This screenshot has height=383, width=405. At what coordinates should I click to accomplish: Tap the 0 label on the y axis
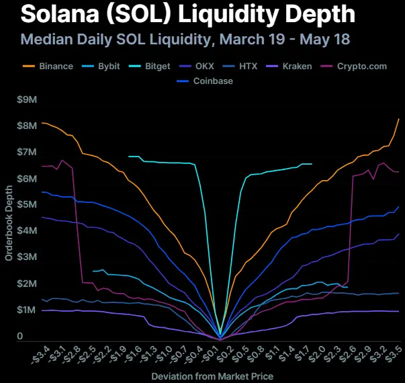(x=20, y=336)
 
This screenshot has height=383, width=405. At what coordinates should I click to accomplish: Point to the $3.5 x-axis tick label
(x=394, y=353)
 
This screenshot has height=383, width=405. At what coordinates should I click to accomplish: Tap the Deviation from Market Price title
(x=212, y=375)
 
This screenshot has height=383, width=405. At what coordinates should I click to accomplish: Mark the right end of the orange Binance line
(x=399, y=118)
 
